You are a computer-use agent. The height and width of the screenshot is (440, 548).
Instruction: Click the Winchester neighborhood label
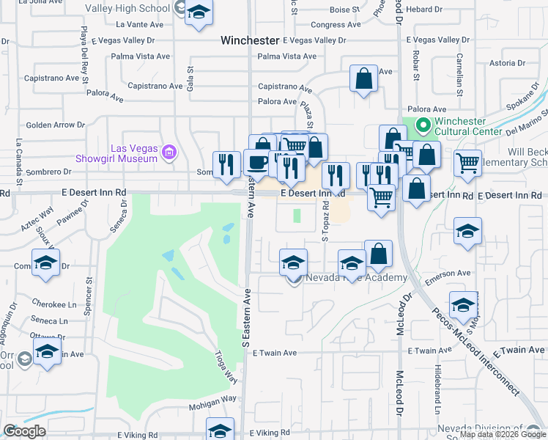(x=250, y=41)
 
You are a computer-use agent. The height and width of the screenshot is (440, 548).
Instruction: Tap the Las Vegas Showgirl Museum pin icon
(x=170, y=153)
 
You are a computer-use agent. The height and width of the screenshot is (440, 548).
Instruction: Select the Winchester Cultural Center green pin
(x=422, y=126)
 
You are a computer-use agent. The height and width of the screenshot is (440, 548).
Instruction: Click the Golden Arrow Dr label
(x=56, y=125)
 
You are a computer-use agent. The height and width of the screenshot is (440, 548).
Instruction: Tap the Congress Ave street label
(x=336, y=24)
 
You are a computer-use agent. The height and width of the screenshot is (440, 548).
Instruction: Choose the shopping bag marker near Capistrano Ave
(x=363, y=79)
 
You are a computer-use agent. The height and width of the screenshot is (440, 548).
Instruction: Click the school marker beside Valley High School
(x=199, y=13)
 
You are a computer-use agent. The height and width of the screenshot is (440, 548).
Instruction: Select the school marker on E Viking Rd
(x=219, y=430)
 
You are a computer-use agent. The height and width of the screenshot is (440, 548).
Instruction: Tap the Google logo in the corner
(x=24, y=431)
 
